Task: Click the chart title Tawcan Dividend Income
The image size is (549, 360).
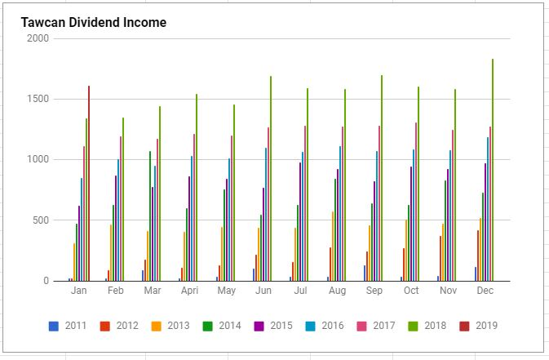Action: tap(94, 23)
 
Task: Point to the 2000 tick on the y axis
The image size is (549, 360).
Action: tap(38, 38)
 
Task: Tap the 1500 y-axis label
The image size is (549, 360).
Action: tap(38, 99)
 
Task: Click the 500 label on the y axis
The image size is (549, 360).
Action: tap(41, 220)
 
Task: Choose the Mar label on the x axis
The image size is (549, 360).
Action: tap(153, 291)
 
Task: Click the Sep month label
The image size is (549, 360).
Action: tap(374, 291)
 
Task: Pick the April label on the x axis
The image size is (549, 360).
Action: tap(188, 291)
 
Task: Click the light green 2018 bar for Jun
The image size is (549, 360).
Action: tap(271, 179)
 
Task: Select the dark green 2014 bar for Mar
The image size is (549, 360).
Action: tap(150, 216)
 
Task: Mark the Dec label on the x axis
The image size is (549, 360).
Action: tap(485, 291)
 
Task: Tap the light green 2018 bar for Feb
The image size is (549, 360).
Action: tap(123, 199)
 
